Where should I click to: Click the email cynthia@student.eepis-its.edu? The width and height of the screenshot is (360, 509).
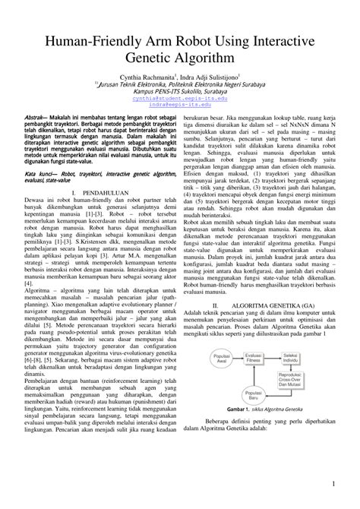tap(181, 99)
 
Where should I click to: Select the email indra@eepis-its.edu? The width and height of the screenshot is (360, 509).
tap(181, 106)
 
